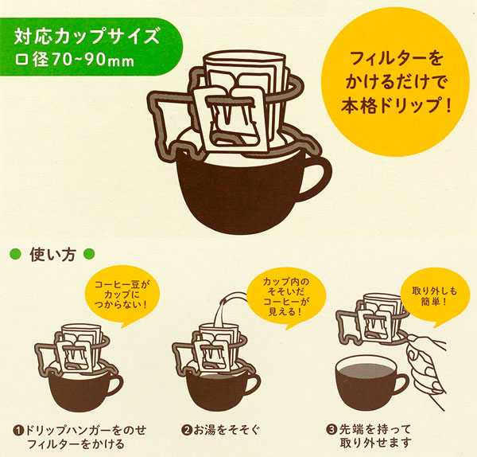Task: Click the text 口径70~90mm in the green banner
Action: pos(75,60)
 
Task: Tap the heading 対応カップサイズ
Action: pos(87,36)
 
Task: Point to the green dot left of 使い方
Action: pos(16,254)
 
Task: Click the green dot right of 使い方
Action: pos(89,254)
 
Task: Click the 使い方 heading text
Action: pos(52,255)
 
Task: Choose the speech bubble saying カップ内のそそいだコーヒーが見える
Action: pos(286,296)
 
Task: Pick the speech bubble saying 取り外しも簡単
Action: pos(435,295)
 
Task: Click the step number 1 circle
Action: pos(18,431)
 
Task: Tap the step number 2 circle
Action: pos(186,430)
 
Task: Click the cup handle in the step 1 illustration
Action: pos(115,386)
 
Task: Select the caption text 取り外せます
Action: pos(376,443)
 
